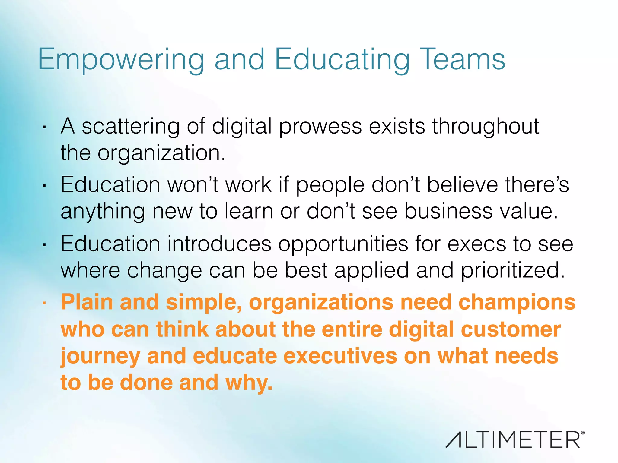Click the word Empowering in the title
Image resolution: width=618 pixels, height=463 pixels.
click(121, 60)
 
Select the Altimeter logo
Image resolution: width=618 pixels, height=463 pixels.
click(515, 439)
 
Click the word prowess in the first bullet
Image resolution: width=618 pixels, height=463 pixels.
click(320, 127)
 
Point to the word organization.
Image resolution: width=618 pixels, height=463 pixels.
click(161, 153)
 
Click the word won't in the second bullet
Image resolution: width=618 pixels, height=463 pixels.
click(193, 184)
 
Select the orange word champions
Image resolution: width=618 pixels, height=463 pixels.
click(517, 303)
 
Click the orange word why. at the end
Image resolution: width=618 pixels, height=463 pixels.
click(249, 383)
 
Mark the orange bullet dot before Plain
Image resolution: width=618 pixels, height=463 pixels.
click(44, 304)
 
